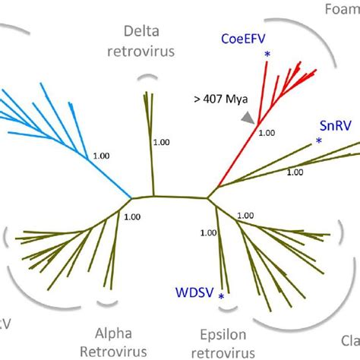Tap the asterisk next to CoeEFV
(x=267, y=54)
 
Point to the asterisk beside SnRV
(x=319, y=141)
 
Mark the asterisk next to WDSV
(x=221, y=295)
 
